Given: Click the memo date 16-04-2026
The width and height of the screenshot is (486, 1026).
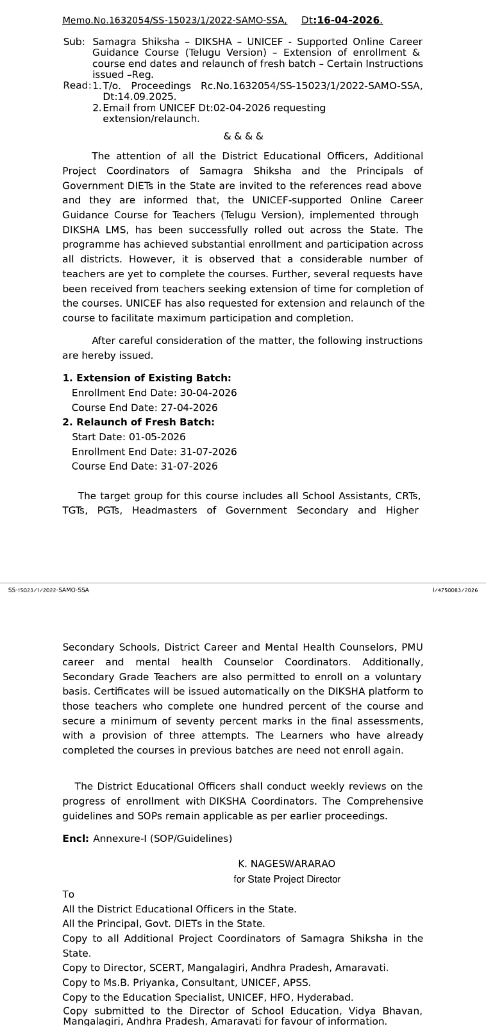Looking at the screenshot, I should point(349,20).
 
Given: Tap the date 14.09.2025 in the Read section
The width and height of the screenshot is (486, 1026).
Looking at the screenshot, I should point(139,96).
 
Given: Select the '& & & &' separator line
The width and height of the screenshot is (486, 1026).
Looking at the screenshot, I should point(243,136).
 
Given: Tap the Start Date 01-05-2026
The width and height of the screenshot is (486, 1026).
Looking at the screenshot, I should point(157,437).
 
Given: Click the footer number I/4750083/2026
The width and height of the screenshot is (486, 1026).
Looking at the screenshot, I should point(455,590).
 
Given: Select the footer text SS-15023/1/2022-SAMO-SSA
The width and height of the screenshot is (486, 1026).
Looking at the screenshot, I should point(49,590).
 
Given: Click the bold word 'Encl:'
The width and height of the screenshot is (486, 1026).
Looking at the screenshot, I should point(76,839).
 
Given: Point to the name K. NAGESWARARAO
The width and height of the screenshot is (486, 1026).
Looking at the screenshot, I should point(287,864).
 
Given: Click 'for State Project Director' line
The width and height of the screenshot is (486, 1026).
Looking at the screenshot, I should point(287,879).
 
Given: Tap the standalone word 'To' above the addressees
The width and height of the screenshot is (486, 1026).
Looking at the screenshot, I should point(69,894).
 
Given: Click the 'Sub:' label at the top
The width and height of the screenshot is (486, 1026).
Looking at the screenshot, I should point(74,41).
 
